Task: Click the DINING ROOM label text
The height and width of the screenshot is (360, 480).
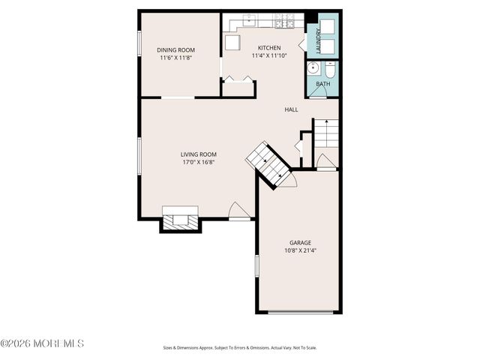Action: (x=176, y=50)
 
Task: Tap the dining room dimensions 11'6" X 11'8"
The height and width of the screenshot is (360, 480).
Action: (x=176, y=58)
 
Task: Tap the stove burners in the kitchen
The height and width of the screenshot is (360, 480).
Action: (x=283, y=21)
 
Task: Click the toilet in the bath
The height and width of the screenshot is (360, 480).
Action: (x=330, y=70)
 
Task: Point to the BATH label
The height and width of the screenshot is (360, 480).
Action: (x=322, y=84)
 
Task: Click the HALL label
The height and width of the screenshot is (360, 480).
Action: (x=291, y=109)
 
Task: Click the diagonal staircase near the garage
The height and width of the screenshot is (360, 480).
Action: (x=269, y=163)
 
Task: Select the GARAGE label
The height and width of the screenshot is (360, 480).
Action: (x=300, y=242)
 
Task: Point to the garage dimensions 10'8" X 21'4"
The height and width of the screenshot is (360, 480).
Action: (x=300, y=250)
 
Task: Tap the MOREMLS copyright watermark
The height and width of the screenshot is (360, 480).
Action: (x=42, y=343)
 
